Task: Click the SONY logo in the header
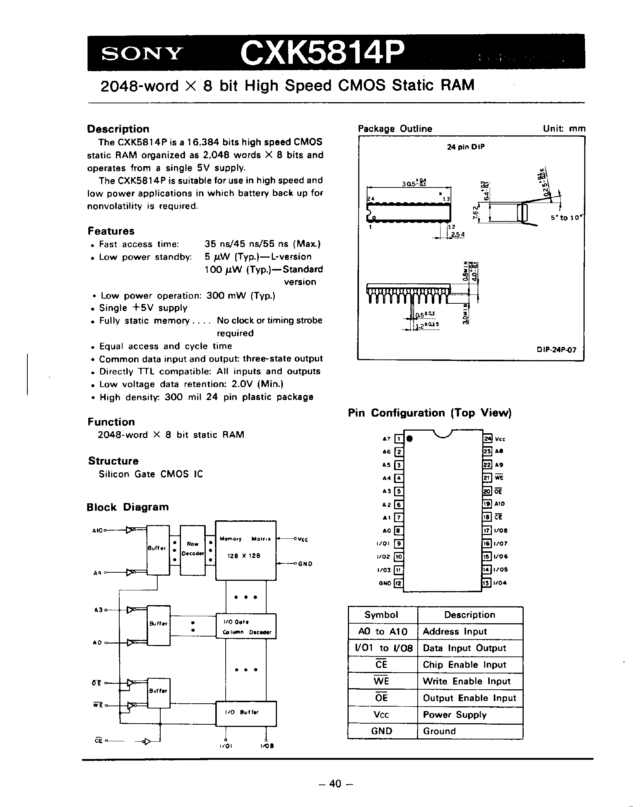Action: point(142,54)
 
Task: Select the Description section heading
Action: point(118,129)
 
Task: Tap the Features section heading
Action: point(111,231)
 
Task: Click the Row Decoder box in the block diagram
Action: point(193,549)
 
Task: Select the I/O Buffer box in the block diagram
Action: point(246,713)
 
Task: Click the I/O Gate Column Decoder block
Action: point(246,625)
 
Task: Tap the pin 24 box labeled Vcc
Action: point(487,439)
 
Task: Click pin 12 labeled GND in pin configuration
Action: point(399,583)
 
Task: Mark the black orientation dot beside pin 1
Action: point(410,439)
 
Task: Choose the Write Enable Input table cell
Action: point(466,681)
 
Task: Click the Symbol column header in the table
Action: point(381,615)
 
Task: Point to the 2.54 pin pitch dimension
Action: point(458,234)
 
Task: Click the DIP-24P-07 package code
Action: point(557,350)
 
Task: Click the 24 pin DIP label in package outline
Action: point(465,147)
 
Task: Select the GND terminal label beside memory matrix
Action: point(305,564)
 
